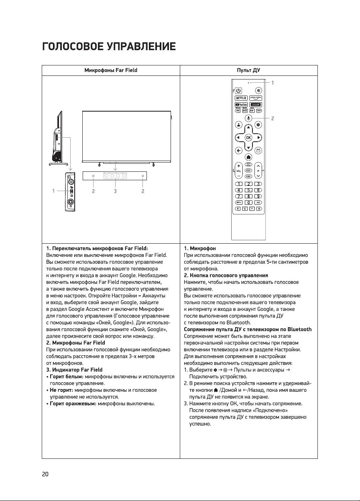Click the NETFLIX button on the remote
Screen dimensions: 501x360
coord(241,98)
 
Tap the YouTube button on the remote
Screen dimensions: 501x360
coord(241,105)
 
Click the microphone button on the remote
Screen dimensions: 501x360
coord(248,118)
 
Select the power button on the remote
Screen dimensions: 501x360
coord(238,91)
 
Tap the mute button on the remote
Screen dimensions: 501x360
coord(259,91)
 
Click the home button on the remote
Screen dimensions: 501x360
coord(248,157)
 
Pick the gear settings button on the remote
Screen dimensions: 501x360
coord(259,124)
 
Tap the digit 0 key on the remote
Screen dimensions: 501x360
coord(249,202)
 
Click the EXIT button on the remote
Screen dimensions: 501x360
coord(248,170)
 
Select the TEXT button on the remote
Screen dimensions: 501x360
coord(259,110)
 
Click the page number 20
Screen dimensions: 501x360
coord(45,474)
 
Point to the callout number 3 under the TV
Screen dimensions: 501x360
coord(115,191)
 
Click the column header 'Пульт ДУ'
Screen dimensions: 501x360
coord(248,70)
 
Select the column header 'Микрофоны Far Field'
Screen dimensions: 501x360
coord(111,70)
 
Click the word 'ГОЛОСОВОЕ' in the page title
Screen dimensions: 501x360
coord(73,47)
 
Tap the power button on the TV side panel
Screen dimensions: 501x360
coord(71,181)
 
